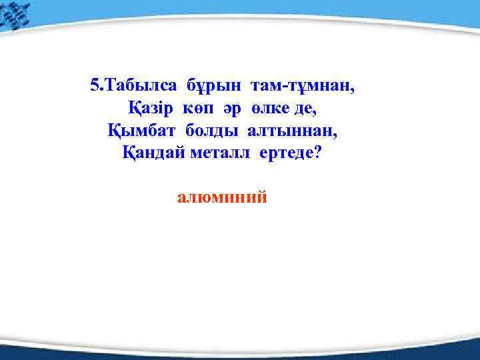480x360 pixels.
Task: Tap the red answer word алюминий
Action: pos(222,197)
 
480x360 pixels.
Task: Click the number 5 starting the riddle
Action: pos(93,85)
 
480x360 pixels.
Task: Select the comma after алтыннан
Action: pos(336,134)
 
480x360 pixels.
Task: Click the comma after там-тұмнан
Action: pos(353,90)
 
